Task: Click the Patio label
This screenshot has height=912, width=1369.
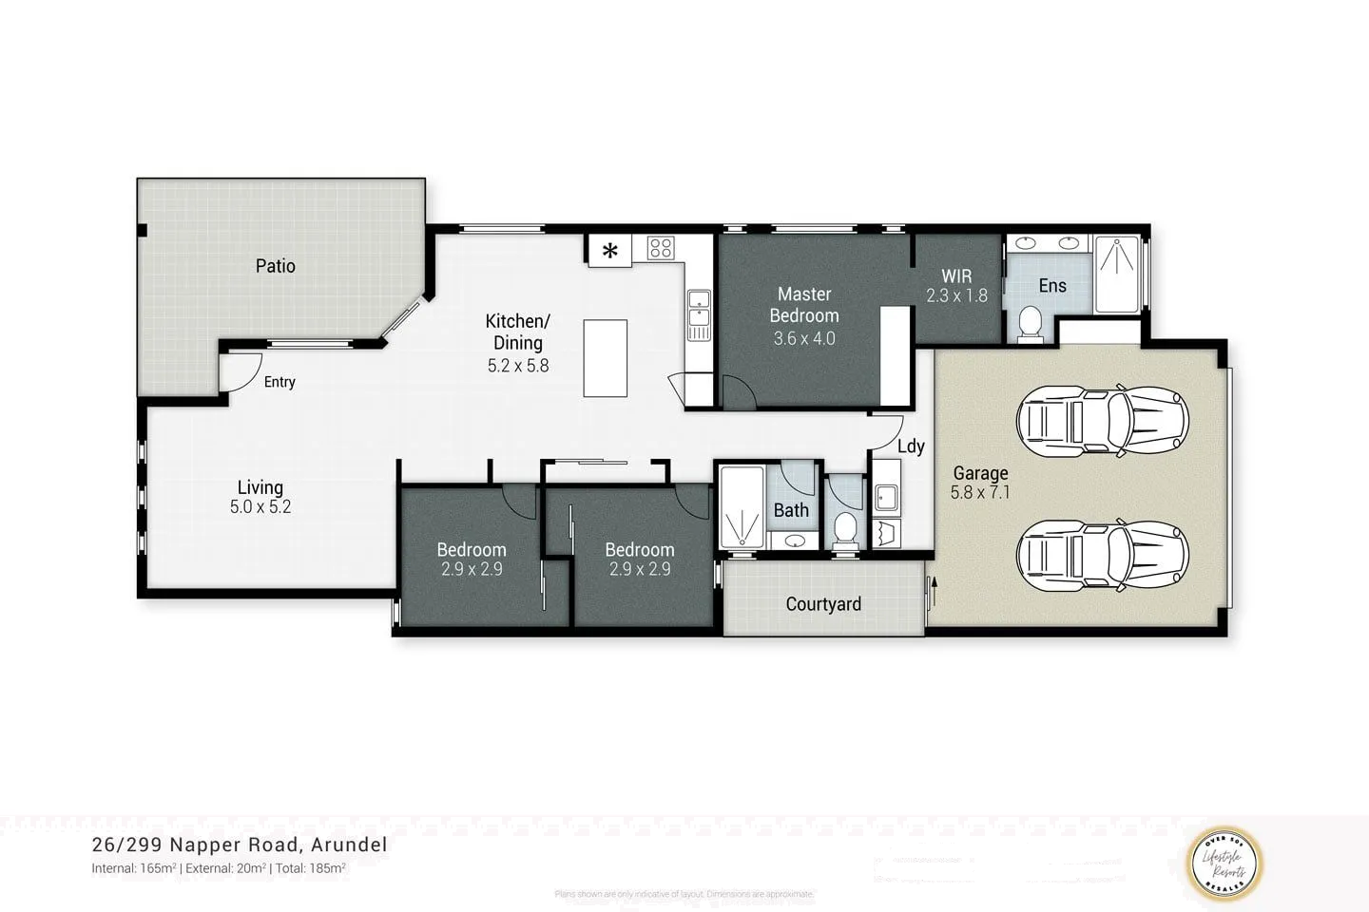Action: [275, 266]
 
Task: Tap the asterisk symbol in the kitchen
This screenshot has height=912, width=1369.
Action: [610, 251]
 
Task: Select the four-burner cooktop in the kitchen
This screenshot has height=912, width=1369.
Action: [661, 249]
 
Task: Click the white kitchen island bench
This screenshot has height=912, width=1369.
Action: [605, 358]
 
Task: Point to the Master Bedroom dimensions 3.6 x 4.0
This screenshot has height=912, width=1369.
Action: [803, 338]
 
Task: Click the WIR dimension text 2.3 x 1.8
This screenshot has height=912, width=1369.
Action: [956, 295]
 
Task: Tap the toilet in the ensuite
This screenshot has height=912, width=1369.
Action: [1029, 324]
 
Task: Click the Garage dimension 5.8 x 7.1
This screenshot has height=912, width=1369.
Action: [979, 492]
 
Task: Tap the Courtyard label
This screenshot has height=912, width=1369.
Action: [823, 604]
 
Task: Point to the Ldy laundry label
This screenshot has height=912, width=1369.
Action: [910, 446]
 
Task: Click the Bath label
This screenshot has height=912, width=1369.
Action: [791, 510]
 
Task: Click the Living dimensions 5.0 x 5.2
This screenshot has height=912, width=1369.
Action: [260, 507]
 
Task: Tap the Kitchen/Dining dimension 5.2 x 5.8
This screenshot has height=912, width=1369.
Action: [517, 366]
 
